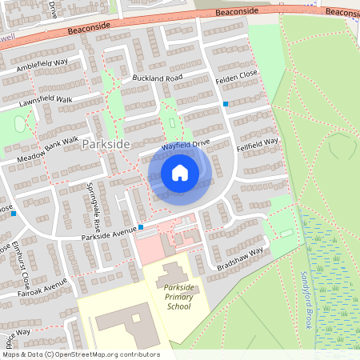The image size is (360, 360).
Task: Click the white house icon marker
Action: point(180,172)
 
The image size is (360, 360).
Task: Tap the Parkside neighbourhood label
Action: point(105,142)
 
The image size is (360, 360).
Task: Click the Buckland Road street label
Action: point(158,78)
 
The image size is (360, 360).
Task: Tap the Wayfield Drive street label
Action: point(185,144)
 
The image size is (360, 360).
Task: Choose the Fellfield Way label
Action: point(258,142)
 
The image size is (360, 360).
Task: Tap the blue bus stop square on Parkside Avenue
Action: point(141,227)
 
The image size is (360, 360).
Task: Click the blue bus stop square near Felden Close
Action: point(226,104)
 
